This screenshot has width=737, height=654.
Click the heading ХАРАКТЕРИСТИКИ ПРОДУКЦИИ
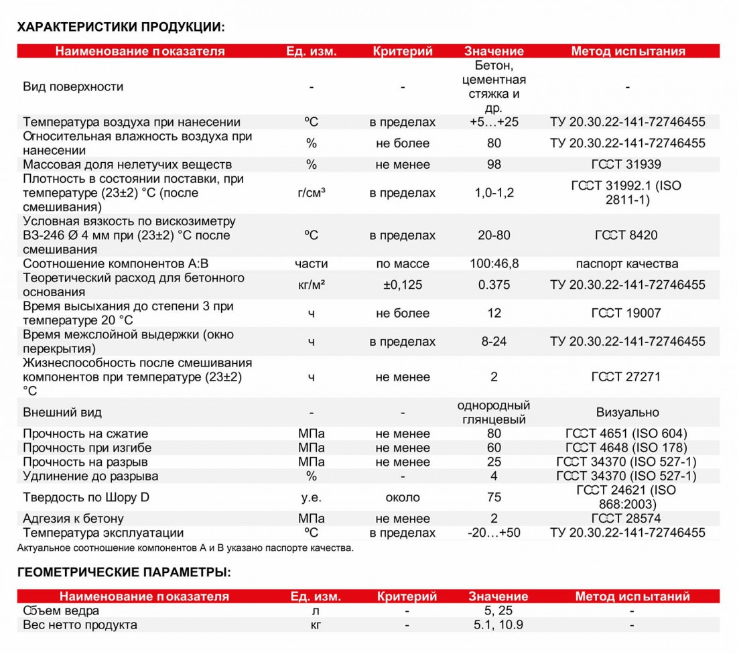[x=121, y=27]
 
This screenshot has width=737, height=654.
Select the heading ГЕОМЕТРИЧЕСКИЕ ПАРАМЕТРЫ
[x=124, y=572]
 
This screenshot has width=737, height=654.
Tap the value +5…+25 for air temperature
[x=494, y=122]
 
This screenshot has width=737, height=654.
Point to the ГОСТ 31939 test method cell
[x=626, y=164]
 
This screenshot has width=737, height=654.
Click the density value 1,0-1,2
[x=494, y=193]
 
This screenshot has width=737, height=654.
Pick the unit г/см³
[x=312, y=193]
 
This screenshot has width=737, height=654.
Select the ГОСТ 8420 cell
[x=626, y=235]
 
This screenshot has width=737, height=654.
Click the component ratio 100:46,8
[x=494, y=263]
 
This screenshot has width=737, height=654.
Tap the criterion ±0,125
[x=403, y=285]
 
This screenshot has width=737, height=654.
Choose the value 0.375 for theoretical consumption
[x=494, y=285]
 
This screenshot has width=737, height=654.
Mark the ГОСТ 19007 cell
[x=626, y=313]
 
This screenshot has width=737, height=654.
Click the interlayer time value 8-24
[x=494, y=341]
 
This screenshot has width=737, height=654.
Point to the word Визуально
[x=627, y=412]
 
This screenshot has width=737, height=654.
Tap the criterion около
[x=403, y=497]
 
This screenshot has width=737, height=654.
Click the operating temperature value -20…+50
[x=494, y=533]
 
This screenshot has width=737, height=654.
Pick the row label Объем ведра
[x=62, y=610]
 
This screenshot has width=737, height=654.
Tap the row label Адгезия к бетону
[x=74, y=519]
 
